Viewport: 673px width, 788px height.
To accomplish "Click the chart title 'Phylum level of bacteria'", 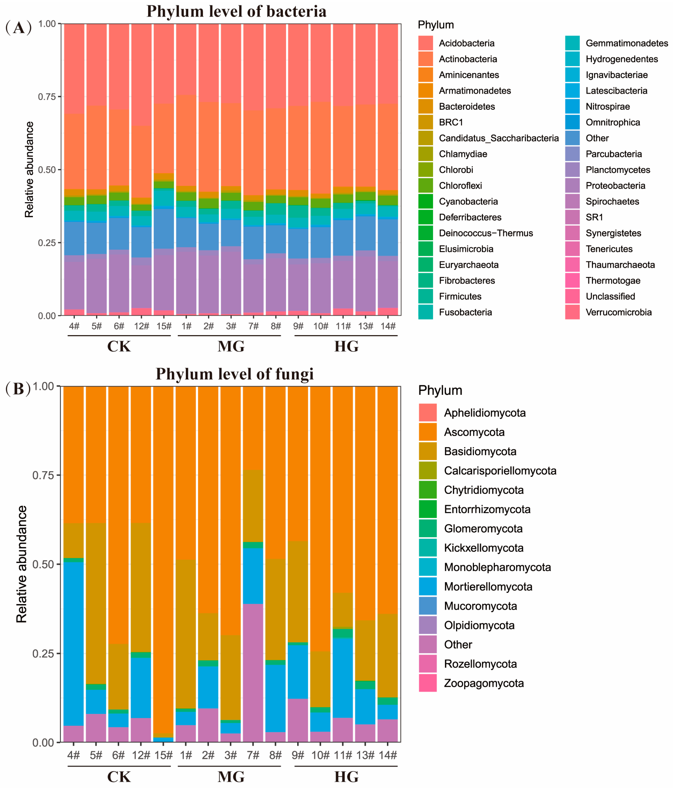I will pos(236,11).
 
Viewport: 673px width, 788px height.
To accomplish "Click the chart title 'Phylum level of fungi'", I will pos(235,374).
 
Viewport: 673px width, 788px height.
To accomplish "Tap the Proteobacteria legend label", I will pos(615,186).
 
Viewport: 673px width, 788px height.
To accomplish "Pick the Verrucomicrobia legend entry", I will pos(618,312).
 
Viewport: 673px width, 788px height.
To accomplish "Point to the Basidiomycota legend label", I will pos(480,452).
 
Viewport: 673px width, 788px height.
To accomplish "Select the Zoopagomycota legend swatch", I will pos(427,683).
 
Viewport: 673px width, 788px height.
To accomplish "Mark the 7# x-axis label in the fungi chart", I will pos(253,755).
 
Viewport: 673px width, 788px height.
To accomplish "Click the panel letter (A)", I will pos(18,27).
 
